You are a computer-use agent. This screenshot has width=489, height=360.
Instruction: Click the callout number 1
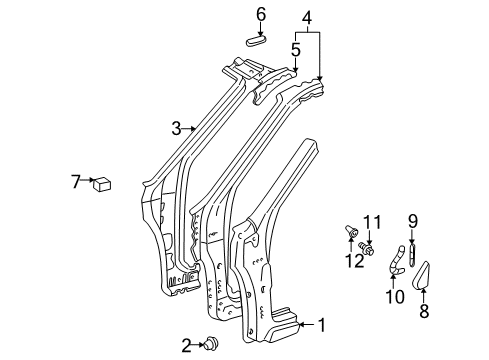(321, 324)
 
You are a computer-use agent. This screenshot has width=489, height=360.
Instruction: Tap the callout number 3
(176, 128)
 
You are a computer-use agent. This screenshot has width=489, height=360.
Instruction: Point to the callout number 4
(308, 16)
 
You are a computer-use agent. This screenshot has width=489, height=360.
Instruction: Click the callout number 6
(260, 14)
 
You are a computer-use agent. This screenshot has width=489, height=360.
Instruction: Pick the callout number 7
(75, 182)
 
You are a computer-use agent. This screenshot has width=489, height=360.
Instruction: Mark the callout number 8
(420, 311)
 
